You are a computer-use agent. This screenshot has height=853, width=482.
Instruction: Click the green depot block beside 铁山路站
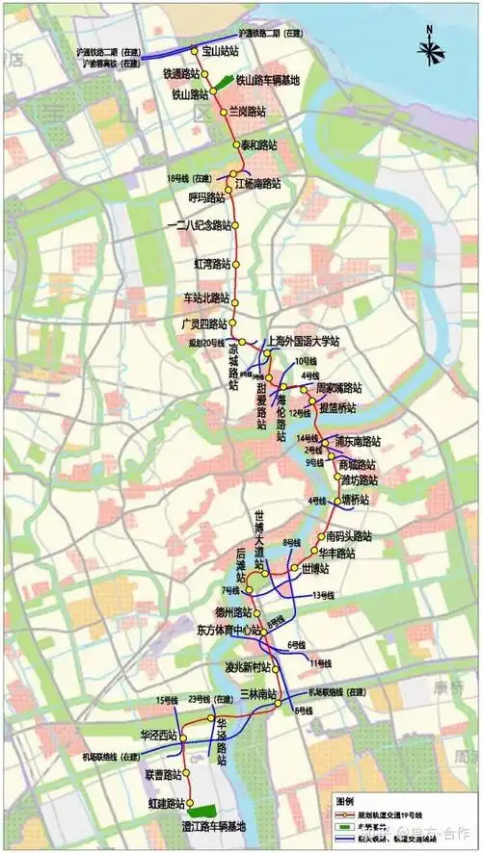(221, 82)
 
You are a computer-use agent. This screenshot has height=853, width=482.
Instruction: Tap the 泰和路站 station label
(257, 144)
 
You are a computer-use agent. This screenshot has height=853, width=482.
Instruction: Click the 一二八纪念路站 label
(200, 225)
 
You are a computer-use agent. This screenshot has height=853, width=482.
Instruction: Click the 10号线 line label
(306, 360)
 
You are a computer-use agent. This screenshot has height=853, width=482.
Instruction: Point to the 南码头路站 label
(349, 535)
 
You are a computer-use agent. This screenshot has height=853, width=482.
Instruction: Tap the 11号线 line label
(319, 663)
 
